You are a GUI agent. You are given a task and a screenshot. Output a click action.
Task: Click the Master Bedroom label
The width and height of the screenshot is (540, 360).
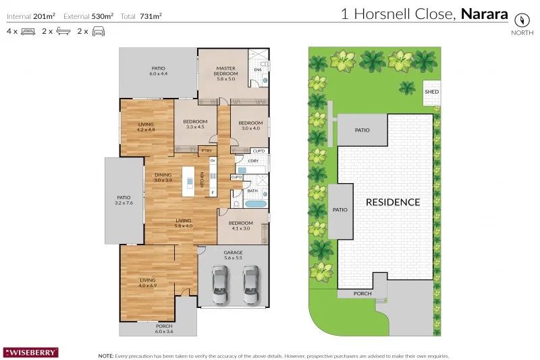click(225, 74)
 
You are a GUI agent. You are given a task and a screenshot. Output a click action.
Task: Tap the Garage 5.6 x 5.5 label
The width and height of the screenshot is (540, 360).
click(233, 255)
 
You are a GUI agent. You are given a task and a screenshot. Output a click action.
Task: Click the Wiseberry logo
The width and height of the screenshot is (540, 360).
click(31, 352)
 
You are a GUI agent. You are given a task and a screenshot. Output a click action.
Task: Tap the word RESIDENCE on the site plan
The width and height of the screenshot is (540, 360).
click(392, 202)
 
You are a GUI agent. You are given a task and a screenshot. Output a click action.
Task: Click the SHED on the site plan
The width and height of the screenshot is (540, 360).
click(431, 93)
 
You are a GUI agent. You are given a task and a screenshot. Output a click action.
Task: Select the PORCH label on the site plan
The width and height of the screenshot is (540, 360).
click(362, 294)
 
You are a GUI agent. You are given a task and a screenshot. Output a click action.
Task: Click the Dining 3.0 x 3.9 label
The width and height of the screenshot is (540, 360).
click(163, 178)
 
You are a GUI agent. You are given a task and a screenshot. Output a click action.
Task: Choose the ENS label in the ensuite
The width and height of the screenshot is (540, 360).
click(257, 70)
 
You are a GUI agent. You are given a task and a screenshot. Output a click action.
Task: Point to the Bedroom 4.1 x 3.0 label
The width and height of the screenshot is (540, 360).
click(240, 226)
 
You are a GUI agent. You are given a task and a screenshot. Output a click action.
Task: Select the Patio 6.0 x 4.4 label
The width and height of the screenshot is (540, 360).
click(158, 71)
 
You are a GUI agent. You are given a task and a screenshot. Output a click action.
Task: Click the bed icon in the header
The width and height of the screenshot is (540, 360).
click(28, 31)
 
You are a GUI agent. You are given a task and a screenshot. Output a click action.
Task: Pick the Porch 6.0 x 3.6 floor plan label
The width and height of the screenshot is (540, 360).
click(158, 328)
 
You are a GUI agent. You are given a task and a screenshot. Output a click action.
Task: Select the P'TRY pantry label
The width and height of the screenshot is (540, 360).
click(207, 150)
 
